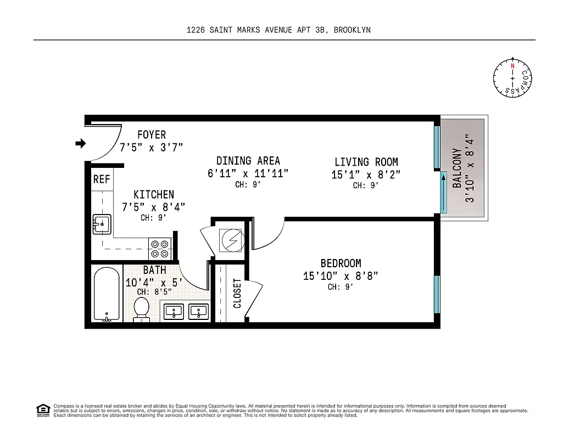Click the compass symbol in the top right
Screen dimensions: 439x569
pos(512,78)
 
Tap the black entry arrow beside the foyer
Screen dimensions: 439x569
pos(81,144)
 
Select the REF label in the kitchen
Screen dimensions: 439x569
pos(102,179)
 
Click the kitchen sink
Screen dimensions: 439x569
pos(101,224)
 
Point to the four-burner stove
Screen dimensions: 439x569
pos(160,249)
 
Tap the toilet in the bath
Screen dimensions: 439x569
pos(142,309)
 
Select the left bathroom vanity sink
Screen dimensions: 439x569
pos(174,312)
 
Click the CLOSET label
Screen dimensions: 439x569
pos(237,293)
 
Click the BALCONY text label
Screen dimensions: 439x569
pos(457,168)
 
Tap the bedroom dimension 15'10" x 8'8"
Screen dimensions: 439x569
pos(341,275)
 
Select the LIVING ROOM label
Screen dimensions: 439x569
pos(366,162)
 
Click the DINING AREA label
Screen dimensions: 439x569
pos(248,161)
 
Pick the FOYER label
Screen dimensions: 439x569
pos(151,134)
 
